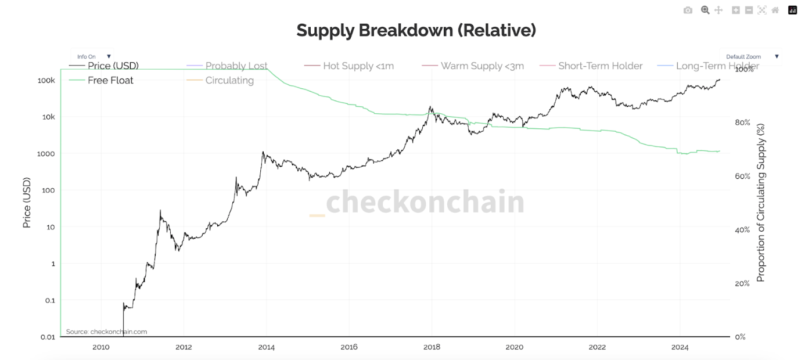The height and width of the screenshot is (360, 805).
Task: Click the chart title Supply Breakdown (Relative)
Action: pyautogui.click(x=416, y=30)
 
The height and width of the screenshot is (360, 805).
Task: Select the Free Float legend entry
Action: pyautogui.click(x=110, y=80)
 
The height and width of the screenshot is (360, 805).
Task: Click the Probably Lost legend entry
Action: pyautogui.click(x=236, y=66)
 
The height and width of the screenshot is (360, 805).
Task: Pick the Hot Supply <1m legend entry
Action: pyautogui.click(x=358, y=66)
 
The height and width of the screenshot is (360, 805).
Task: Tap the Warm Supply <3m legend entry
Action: pyautogui.click(x=482, y=66)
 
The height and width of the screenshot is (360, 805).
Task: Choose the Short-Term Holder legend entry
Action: pyautogui.click(x=600, y=66)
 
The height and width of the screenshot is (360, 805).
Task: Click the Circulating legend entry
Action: pyautogui.click(x=229, y=80)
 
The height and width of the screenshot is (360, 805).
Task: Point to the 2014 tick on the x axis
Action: pyautogui.click(x=266, y=347)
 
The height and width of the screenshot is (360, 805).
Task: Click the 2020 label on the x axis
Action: pyautogui.click(x=514, y=347)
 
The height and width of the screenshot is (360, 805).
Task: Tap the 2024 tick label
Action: pyautogui.click(x=680, y=347)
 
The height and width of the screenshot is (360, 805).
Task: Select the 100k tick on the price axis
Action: pyautogui.click(x=46, y=80)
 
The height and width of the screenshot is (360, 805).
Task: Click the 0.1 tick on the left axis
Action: pyautogui.click(x=49, y=300)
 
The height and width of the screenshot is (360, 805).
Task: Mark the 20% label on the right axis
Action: pyautogui.click(x=742, y=283)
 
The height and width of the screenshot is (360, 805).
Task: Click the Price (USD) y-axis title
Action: pyautogui.click(x=27, y=203)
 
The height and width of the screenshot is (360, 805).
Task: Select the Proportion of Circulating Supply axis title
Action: pyautogui.click(x=761, y=203)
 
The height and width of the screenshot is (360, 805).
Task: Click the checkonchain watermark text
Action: pyautogui.click(x=425, y=202)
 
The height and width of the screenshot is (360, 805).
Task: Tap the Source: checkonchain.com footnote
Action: pyautogui.click(x=106, y=332)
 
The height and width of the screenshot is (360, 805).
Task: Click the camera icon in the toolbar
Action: pyautogui.click(x=688, y=10)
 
